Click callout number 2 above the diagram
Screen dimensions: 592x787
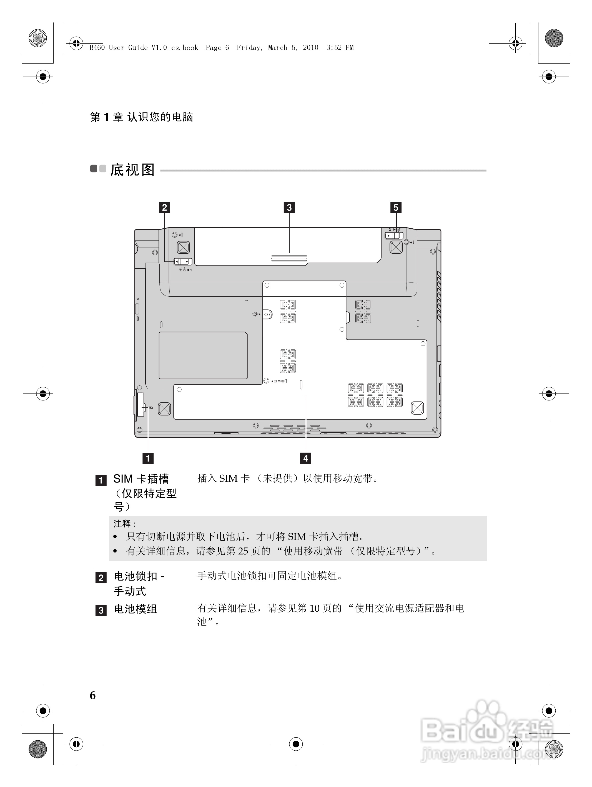164,207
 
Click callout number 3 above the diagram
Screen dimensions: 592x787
289,207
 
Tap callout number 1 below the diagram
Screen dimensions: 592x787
148,458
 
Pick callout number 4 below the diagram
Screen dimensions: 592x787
305,458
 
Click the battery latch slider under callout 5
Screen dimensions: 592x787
394,236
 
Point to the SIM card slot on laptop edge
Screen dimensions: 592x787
140,404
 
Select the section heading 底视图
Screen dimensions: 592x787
132,170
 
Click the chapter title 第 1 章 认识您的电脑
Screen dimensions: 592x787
141,117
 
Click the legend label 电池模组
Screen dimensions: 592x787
136,609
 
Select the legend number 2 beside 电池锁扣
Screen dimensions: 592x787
101,578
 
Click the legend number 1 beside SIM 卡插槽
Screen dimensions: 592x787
101,480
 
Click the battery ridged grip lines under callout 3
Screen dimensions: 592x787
289,258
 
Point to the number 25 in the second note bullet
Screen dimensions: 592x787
243,551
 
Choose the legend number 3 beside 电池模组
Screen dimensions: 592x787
101,610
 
